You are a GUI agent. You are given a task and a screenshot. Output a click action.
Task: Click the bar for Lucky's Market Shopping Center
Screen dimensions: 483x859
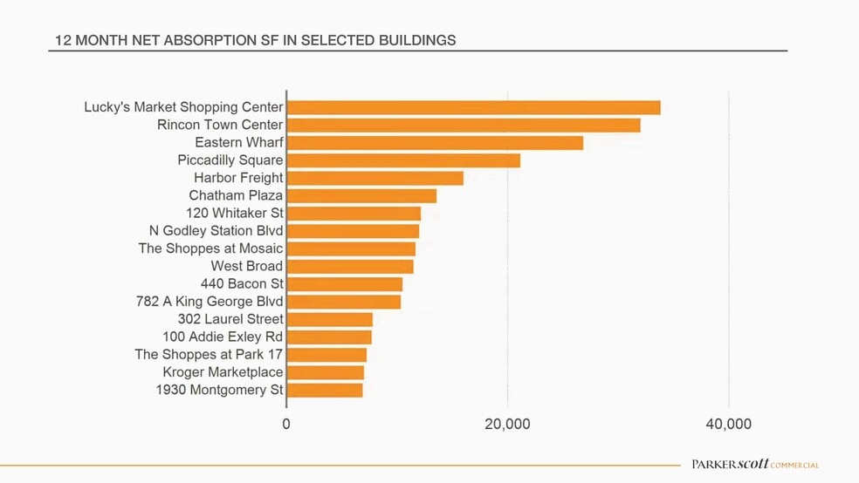[x=473, y=107]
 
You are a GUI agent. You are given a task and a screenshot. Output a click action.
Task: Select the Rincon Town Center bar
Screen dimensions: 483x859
[x=464, y=125]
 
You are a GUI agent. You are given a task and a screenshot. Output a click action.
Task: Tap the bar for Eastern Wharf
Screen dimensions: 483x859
[x=435, y=143]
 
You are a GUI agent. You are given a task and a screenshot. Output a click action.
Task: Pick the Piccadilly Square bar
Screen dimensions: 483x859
[x=403, y=160]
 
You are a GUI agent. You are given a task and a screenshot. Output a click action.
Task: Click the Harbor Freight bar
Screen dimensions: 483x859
[x=375, y=178]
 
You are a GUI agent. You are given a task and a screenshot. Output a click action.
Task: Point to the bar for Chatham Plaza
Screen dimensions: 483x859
[x=361, y=195]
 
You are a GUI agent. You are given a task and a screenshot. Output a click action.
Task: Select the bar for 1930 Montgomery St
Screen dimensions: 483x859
[x=325, y=390]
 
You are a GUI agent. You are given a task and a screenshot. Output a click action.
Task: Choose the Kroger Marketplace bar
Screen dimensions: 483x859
[x=326, y=372]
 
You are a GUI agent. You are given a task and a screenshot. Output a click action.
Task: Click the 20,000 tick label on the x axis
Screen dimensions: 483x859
[x=507, y=425]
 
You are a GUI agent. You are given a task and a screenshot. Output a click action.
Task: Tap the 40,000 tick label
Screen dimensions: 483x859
[x=728, y=425]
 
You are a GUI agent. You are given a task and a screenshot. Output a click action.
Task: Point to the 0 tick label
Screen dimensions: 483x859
[x=286, y=425]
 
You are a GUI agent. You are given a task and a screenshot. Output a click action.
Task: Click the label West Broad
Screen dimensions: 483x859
[x=247, y=266]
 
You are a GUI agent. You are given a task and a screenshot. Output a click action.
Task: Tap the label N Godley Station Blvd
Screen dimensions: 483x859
[x=216, y=230]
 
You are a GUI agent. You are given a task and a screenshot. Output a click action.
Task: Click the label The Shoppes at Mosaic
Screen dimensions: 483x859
[x=210, y=248]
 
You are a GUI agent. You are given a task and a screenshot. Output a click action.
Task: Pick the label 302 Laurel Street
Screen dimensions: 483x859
[x=230, y=319]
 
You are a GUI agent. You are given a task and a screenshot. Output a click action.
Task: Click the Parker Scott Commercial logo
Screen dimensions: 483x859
[x=755, y=465]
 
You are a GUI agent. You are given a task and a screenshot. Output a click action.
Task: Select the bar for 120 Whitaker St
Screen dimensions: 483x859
[x=354, y=214]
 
